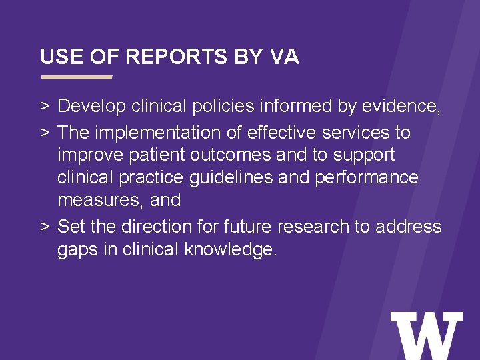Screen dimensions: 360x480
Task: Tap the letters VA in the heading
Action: tap(285, 57)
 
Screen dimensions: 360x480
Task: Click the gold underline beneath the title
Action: tap(77, 77)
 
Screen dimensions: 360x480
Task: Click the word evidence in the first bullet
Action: tap(400, 106)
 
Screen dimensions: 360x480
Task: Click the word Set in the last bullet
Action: tap(71, 227)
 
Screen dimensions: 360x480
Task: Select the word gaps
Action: tap(77, 250)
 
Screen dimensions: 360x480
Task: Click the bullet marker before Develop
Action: tap(44, 107)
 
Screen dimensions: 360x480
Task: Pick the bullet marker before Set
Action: tap(44, 227)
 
